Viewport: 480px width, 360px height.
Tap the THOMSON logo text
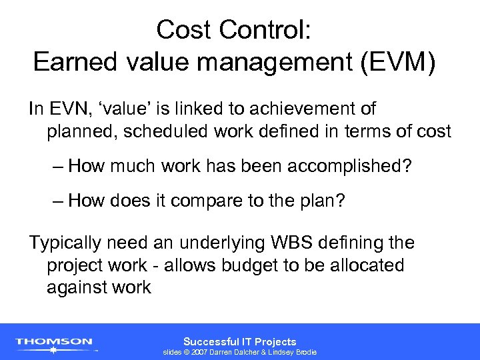pyautogui.click(x=55, y=341)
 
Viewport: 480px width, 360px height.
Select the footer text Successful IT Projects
pyautogui.click(x=239, y=341)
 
